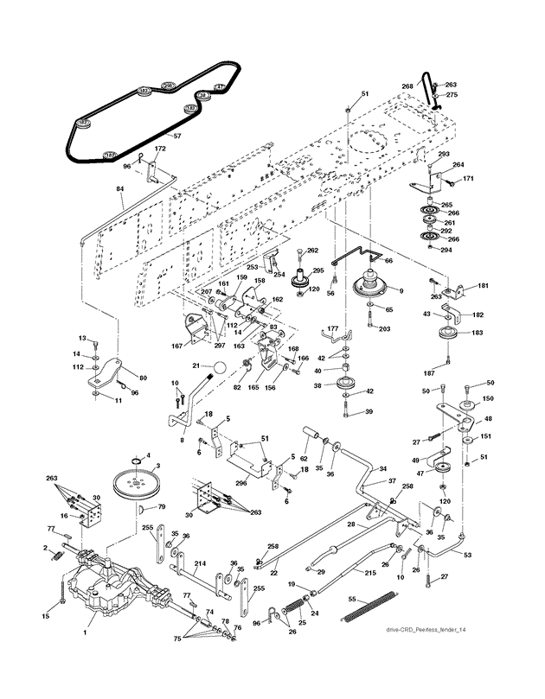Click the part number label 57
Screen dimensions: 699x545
point(176,137)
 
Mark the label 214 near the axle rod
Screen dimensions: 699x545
point(200,562)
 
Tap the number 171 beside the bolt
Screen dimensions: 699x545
point(469,179)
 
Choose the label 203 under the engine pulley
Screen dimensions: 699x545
point(384,329)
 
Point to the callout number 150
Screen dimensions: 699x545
point(488,398)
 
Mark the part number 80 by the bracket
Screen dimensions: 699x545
point(142,377)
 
